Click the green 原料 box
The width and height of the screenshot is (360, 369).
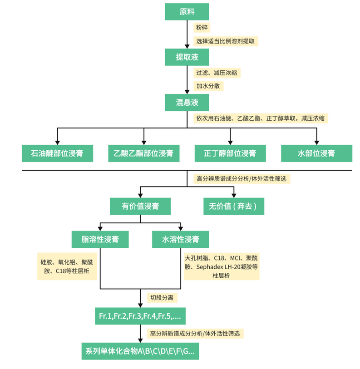point(187,12)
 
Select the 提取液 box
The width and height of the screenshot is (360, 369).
point(187,57)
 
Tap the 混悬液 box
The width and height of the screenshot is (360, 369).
point(187,103)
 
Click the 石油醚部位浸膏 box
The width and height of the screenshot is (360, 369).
point(57,153)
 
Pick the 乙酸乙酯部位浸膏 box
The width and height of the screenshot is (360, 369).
point(143,153)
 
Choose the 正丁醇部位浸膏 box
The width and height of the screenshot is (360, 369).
point(230,153)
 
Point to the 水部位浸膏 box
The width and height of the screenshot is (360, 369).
point(316,153)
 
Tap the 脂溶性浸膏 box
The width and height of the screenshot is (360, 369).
point(100,239)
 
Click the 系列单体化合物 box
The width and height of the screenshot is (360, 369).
point(140,351)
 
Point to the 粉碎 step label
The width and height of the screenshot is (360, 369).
point(202,27)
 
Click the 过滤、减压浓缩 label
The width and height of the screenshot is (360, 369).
point(218,73)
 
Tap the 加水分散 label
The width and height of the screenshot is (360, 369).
point(209,86)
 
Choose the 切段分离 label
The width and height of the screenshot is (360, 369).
point(163,298)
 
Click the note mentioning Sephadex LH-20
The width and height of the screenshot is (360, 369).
point(222,267)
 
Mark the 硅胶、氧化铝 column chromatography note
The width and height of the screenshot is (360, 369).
point(67,267)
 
